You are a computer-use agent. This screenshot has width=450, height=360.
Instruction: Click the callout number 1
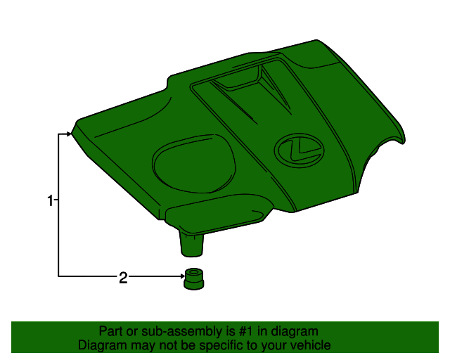(50, 200)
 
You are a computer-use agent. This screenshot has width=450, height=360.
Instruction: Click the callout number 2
(123, 278)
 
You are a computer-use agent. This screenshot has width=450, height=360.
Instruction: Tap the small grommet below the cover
(194, 279)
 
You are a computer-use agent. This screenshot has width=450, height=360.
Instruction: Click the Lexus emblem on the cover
(300, 150)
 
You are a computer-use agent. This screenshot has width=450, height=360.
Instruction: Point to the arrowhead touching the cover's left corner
(69, 134)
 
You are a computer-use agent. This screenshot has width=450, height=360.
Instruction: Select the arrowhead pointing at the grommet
(183, 276)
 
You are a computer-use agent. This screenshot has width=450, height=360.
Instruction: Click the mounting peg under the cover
(192, 245)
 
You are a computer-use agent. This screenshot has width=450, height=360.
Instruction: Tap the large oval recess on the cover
(194, 164)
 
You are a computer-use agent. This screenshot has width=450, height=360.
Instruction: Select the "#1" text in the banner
(246, 331)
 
